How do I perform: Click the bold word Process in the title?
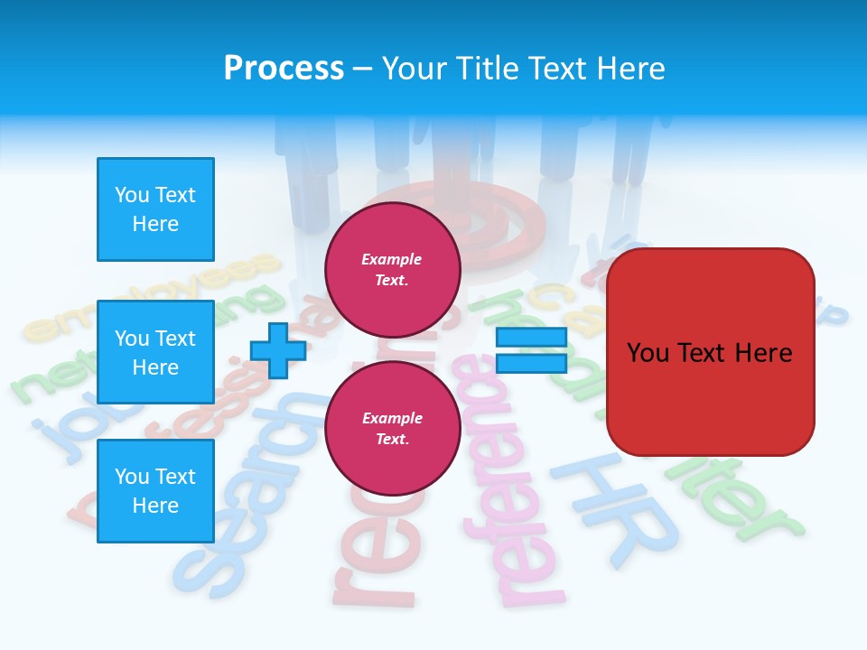[284, 69]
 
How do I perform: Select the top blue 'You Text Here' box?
[155, 209]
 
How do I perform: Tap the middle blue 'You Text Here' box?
[155, 352]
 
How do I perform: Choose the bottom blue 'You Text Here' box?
[155, 491]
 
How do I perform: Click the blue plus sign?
[277, 350]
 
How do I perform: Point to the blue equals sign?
[531, 350]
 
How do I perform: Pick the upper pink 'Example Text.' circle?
[392, 269]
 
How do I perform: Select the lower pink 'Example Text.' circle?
[392, 428]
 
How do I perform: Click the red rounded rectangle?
[710, 352]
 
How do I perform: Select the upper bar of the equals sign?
[531, 338]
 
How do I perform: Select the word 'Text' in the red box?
[710, 352]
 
